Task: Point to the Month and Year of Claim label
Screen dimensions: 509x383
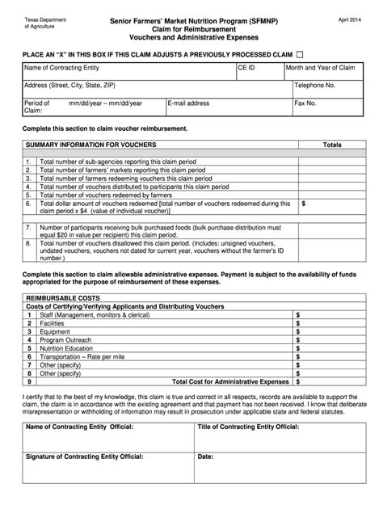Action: pos(321,69)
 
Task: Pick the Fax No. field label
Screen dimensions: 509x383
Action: pos(306,104)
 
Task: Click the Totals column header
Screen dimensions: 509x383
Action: pos(332,145)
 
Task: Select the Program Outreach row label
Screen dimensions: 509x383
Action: pos(66,339)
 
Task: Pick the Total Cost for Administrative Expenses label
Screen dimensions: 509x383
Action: pos(230,381)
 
